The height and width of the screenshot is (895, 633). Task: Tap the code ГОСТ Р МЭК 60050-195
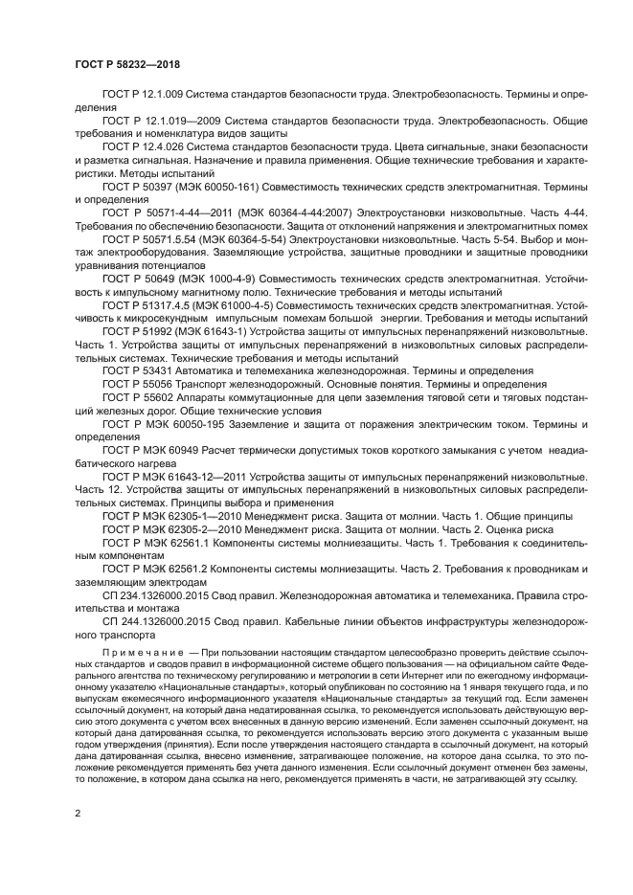click(159, 422)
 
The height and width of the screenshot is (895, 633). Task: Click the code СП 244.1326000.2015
click(154, 620)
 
